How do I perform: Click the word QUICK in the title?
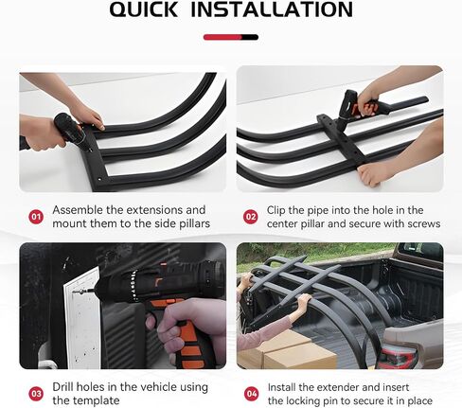click(x=144, y=9)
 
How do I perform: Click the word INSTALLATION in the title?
click(x=272, y=9)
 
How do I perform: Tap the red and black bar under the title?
click(x=231, y=37)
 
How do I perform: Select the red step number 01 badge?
click(x=36, y=217)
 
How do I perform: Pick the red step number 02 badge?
click(x=251, y=217)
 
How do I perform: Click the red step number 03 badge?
click(x=36, y=394)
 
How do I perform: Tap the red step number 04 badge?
click(x=251, y=394)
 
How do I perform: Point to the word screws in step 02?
click(x=424, y=224)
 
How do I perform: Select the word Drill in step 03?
click(x=63, y=387)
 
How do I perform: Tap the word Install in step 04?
click(x=281, y=387)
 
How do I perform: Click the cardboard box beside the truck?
click(x=287, y=350)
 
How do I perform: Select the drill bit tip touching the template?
click(x=76, y=293)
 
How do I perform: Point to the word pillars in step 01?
click(x=195, y=223)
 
